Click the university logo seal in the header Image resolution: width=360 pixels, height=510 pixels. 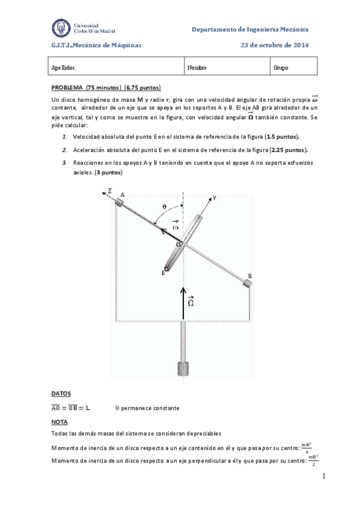(61, 28)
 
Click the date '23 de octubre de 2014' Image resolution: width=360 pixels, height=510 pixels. (275, 45)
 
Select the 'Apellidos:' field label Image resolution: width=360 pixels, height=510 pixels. (64, 68)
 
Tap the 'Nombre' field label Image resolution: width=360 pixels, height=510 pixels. (197, 68)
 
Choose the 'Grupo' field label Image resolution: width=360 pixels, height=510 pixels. (281, 68)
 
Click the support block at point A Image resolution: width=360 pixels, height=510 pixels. (120, 203)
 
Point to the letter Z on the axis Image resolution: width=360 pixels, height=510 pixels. (109, 191)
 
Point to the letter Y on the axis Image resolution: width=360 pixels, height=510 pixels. (214, 197)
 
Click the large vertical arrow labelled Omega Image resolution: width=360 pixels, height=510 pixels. (184, 301)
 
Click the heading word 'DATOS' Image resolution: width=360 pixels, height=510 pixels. (61, 393)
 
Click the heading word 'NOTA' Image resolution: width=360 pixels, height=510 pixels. (59, 422)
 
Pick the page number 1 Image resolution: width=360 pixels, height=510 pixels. (323, 476)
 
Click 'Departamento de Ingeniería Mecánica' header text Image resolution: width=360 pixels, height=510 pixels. (250, 29)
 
